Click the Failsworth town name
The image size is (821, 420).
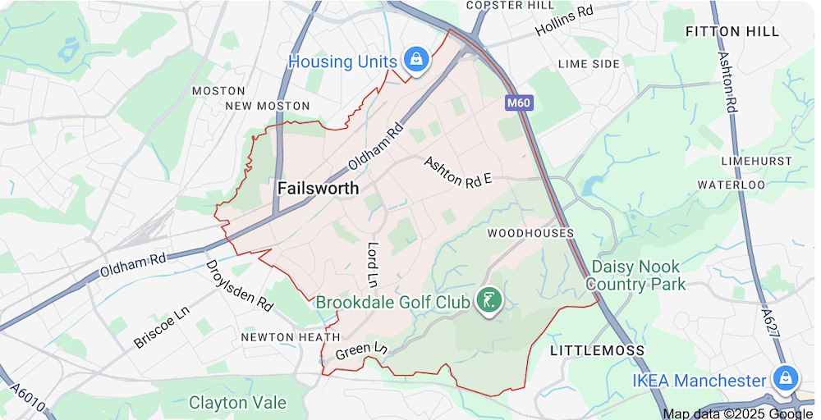click(318, 188)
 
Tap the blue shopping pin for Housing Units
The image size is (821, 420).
click(416, 59)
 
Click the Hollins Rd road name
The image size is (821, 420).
click(564, 22)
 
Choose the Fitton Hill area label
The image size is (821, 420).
click(732, 32)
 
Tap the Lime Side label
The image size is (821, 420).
click(589, 64)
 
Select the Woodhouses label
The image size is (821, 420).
click(530, 233)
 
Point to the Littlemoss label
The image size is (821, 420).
click(597, 350)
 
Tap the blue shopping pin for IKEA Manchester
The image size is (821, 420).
click(786, 379)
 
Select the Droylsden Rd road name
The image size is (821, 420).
click(238, 285)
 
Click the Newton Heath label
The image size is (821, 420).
click(290, 337)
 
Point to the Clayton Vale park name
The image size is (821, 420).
click(237, 403)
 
